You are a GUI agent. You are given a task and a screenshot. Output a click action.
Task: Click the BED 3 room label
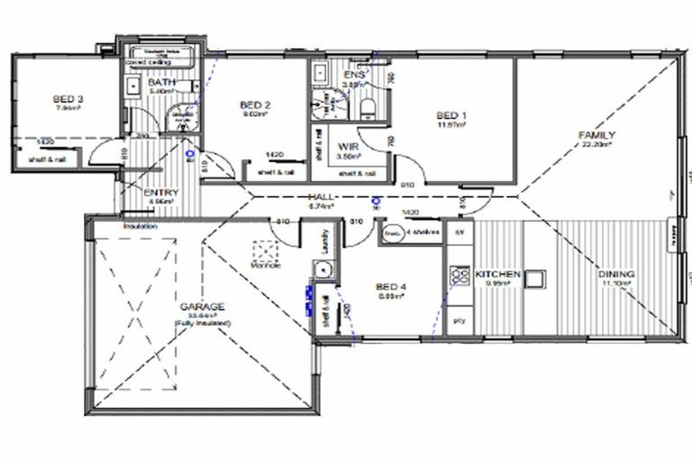click(68, 98)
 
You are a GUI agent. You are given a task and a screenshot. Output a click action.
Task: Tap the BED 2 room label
click(255, 105)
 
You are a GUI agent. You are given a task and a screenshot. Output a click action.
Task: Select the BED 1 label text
click(451, 115)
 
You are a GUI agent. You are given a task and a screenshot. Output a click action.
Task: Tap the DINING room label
click(616, 274)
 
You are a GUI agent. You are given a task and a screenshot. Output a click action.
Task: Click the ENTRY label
click(161, 193)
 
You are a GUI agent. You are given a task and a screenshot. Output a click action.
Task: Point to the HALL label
click(321, 196)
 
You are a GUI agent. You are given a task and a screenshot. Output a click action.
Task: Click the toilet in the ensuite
click(367, 109)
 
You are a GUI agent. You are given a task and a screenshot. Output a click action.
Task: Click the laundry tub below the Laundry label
click(321, 267)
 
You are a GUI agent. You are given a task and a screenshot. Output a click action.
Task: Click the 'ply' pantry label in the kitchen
click(458, 320)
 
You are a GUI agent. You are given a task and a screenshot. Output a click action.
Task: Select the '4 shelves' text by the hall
click(421, 232)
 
